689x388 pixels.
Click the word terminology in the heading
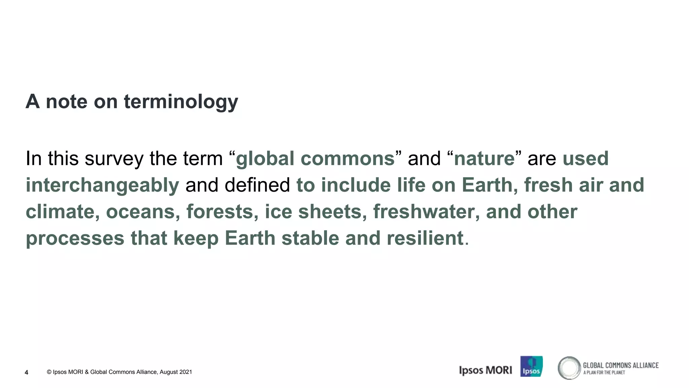coord(181,101)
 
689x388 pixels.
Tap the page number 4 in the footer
coord(27,373)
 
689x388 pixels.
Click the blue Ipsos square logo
coord(531,366)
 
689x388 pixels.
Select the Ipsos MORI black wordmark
coord(485,370)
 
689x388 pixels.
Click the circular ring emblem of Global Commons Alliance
coord(569,368)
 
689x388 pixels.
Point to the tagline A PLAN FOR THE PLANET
coord(604,373)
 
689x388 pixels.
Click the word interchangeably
coord(102,185)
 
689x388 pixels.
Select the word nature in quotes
coord(484,159)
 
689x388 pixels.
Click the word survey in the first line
coord(114,159)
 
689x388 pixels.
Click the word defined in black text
coord(257,185)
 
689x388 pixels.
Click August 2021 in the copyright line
coord(176,372)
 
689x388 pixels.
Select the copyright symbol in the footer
coord(49,372)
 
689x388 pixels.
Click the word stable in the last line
coord(310,238)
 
